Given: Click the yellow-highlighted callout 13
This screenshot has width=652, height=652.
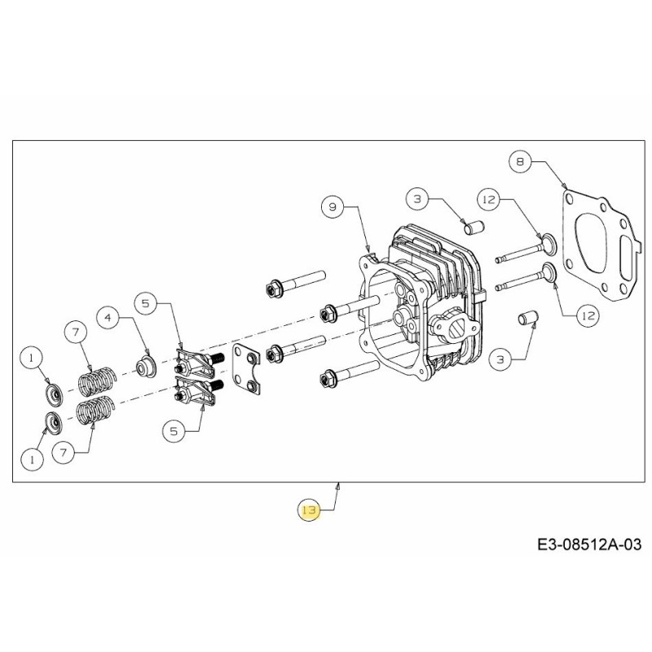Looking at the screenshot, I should [x=309, y=511].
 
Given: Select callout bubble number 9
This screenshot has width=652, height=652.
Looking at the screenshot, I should [x=333, y=207].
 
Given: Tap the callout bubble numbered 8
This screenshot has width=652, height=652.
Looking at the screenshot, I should [x=520, y=162].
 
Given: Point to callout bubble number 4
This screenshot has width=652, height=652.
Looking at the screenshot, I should [x=108, y=318].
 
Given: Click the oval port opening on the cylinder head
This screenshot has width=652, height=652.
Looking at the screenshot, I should [x=454, y=328].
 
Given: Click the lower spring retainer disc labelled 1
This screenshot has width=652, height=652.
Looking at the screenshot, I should [x=55, y=425].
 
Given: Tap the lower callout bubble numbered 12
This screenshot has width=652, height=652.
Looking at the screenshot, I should [x=585, y=315].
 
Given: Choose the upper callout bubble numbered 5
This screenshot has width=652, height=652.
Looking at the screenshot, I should [x=146, y=304].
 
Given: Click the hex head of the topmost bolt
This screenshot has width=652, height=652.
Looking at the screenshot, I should [x=274, y=289].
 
